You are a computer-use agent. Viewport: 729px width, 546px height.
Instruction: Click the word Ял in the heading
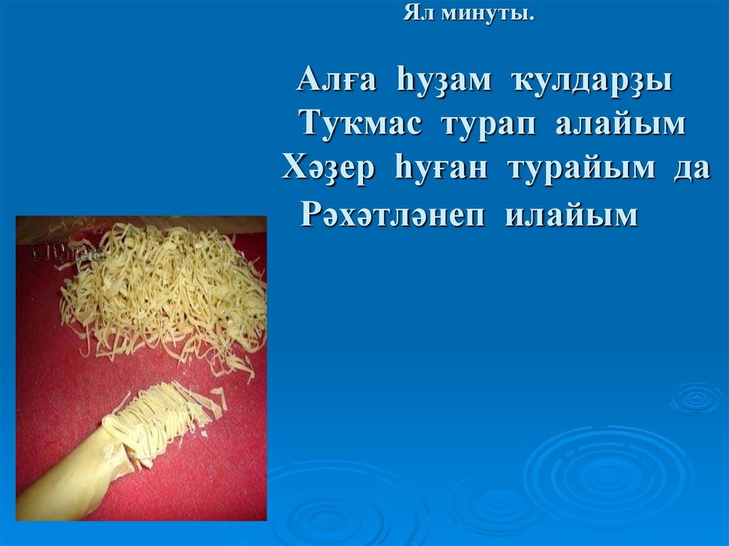[417, 14]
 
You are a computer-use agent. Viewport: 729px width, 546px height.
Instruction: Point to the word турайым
[577, 169]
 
